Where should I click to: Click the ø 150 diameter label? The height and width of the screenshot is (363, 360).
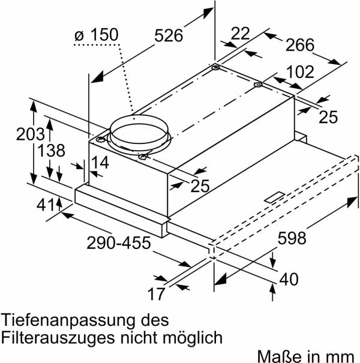click(x=97, y=36)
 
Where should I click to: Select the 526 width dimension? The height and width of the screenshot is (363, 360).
click(x=169, y=36)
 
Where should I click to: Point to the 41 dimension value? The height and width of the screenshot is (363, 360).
click(x=44, y=205)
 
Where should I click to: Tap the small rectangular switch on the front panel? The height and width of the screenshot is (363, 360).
click(x=275, y=196)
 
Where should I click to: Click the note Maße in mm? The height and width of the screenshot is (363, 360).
click(x=307, y=355)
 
